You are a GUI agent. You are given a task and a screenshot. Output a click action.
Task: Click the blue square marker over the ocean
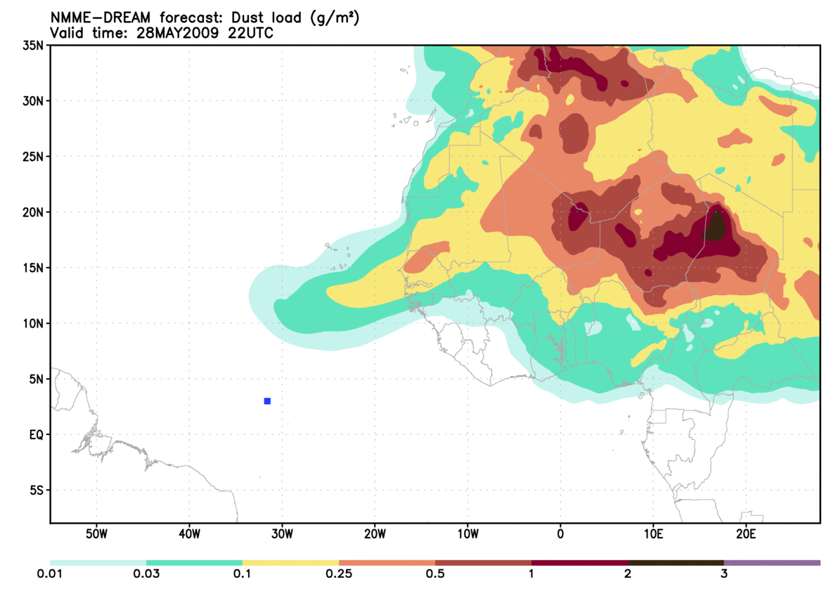coord(267,401)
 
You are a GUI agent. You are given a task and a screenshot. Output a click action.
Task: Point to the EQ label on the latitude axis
coord(37,434)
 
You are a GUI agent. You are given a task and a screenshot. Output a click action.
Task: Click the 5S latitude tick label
coord(37,490)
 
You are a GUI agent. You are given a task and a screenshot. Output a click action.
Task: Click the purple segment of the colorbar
coord(772,563)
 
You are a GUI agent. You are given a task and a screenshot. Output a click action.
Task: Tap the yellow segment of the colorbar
coord(290,563)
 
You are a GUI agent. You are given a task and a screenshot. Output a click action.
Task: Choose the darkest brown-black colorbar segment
coord(675,563)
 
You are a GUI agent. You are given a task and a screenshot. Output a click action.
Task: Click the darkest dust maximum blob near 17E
coord(715,227)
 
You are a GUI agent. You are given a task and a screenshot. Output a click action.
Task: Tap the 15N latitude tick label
coord(34,268)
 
